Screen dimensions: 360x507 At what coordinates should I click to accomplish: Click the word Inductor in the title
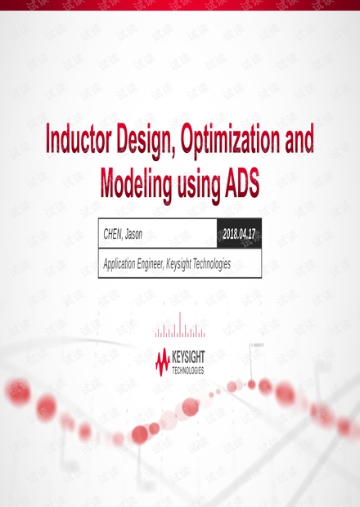pyautogui.click(x=79, y=138)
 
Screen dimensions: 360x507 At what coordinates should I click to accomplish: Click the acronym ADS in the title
pyautogui.click(x=242, y=182)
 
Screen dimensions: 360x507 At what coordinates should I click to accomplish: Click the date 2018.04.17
pyautogui.click(x=239, y=234)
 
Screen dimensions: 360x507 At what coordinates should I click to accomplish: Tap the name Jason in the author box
pyautogui.click(x=133, y=234)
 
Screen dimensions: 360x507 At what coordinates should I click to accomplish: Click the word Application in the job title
pyautogui.click(x=119, y=264)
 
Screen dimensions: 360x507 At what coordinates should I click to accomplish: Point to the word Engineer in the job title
pyautogui.click(x=151, y=264)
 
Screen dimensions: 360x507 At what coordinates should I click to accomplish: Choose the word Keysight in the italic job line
pyautogui.click(x=178, y=264)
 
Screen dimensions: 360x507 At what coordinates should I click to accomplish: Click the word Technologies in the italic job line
pyautogui.click(x=212, y=264)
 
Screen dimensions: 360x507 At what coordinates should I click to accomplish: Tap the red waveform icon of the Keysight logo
pyautogui.click(x=163, y=362)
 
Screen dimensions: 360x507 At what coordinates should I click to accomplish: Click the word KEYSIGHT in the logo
pyautogui.click(x=188, y=357)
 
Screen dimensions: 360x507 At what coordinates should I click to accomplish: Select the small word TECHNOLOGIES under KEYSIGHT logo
pyautogui.click(x=188, y=370)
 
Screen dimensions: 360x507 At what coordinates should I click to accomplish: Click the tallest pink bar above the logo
pyautogui.click(x=180, y=325)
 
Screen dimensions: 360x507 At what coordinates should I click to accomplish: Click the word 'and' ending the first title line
pyautogui.click(x=299, y=138)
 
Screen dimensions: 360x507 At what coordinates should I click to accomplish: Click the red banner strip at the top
pyautogui.click(x=180, y=5)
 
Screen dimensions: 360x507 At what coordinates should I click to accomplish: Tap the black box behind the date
pyautogui.click(x=239, y=233)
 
